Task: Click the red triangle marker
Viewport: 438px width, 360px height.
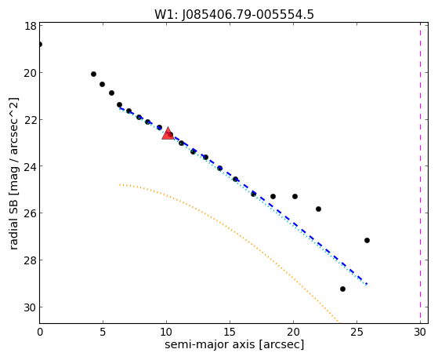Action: point(168,133)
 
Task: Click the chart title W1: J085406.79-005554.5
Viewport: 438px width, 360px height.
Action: point(234,15)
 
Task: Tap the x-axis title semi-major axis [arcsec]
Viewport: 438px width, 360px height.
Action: point(234,344)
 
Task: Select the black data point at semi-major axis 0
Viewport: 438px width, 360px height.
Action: point(40,44)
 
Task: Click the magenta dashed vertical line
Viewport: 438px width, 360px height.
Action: point(420,173)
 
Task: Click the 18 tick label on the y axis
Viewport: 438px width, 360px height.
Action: point(31,26)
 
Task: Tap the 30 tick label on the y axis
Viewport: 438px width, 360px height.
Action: point(31,307)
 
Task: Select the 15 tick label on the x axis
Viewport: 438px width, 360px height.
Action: point(230,332)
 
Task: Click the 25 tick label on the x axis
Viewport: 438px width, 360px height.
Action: point(357,332)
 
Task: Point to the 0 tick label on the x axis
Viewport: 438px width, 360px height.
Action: point(40,332)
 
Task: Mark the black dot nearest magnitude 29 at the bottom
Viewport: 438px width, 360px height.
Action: point(342,289)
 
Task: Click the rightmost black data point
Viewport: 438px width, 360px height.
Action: point(367,240)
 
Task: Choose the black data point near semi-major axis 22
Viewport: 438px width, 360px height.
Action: point(318,209)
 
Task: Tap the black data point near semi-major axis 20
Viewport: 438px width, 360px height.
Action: point(295,196)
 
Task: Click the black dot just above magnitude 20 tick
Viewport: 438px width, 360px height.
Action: point(93,75)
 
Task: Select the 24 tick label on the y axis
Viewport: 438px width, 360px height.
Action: point(31,166)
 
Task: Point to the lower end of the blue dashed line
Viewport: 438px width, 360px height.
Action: point(367,284)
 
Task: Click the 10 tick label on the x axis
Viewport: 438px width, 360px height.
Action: point(166,332)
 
